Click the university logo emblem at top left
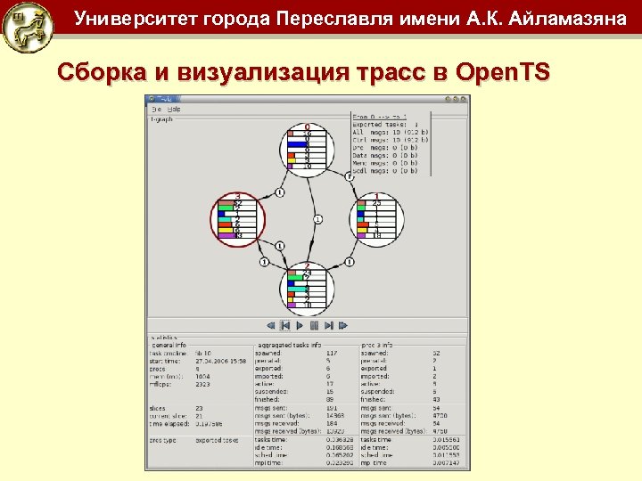(x=26, y=27)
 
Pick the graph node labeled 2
(x=308, y=287)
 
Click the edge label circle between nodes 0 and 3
(x=279, y=192)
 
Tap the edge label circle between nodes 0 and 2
(x=318, y=218)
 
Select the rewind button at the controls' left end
(x=270, y=325)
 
